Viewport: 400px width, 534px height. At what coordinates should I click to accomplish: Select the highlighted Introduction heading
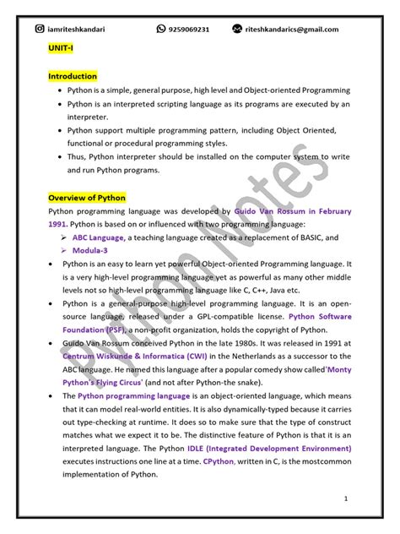click(73, 76)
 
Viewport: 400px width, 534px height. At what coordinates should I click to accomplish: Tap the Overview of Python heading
click(87, 198)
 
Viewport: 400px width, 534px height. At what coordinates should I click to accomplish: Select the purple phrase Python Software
click(320, 316)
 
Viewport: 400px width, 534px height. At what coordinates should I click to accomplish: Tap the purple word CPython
click(219, 461)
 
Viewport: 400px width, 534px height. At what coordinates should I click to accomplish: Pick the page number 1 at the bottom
click(346, 498)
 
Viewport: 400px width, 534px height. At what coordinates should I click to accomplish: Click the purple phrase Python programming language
click(134, 395)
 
